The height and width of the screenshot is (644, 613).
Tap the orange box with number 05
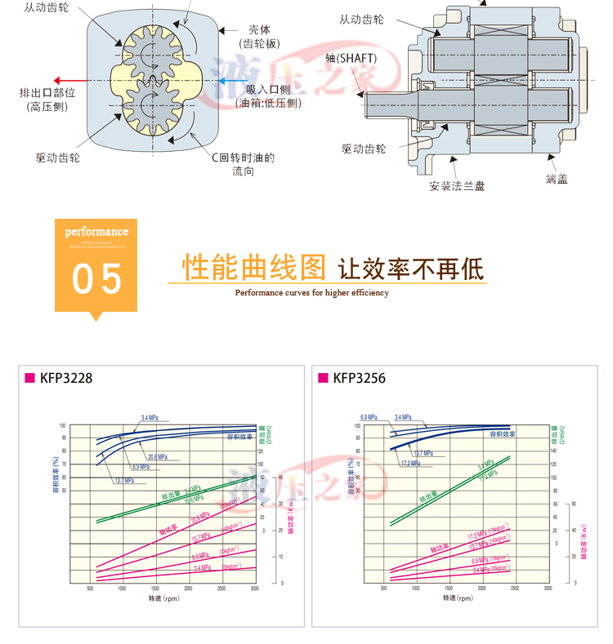(x=96, y=264)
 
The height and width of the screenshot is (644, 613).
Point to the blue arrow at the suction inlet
(x=228, y=81)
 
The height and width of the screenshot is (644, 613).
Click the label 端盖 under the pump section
(x=557, y=179)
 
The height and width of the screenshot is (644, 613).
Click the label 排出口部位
(x=47, y=92)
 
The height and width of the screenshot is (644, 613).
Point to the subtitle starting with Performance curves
(x=311, y=292)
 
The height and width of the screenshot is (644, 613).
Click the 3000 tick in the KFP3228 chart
(x=254, y=588)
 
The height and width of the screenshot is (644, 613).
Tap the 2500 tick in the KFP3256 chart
(x=516, y=588)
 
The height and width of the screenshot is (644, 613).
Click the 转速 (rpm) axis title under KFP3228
(x=163, y=598)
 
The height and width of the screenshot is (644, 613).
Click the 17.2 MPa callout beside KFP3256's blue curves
(x=410, y=464)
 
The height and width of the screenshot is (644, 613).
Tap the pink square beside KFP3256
(x=321, y=378)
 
